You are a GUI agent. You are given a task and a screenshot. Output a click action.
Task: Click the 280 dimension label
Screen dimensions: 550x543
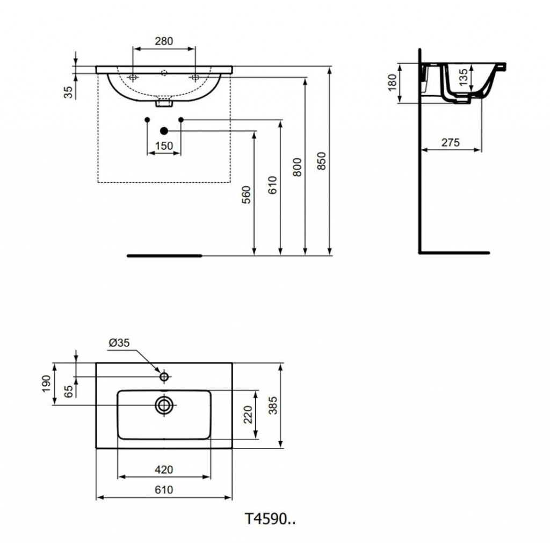coord(164,41)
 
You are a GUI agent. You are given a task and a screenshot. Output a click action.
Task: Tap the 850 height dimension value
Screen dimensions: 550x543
coord(322,161)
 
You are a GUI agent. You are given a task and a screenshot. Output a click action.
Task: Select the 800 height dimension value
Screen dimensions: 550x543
coord(297,167)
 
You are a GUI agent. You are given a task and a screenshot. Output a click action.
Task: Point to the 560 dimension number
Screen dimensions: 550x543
coord(247,194)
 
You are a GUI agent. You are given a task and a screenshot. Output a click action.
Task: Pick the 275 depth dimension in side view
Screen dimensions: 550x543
coord(451,142)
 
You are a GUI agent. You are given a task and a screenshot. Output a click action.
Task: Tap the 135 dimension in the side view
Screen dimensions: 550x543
coord(463,77)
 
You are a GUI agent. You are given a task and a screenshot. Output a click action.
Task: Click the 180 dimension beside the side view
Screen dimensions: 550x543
coord(392,83)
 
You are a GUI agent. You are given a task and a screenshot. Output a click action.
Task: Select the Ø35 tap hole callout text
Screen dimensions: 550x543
coord(119,342)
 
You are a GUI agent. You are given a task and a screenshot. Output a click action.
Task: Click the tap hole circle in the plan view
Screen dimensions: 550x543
coord(164,377)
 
